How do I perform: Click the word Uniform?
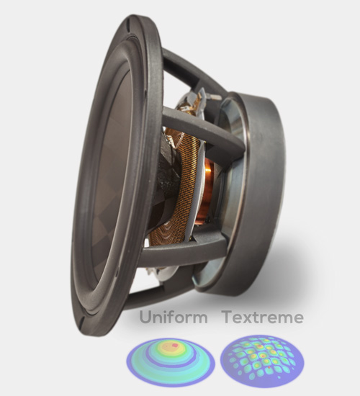click(x=174, y=317)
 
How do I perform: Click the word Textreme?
click(x=263, y=318)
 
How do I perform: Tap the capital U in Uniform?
click(x=145, y=318)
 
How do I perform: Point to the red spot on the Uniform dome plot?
click(x=174, y=345)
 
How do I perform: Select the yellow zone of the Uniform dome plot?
click(x=172, y=348)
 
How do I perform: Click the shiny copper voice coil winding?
click(x=204, y=193)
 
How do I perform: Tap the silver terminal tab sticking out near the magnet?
click(x=214, y=96)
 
